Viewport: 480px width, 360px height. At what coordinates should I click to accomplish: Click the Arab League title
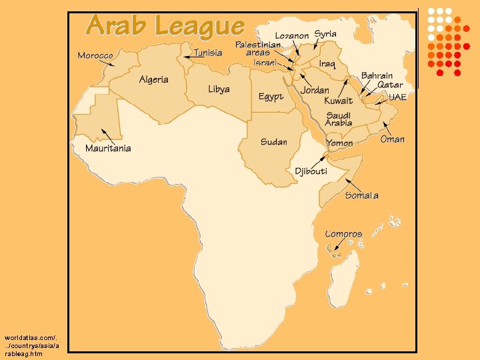click(165, 26)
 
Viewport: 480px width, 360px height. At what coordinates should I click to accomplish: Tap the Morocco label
click(95, 55)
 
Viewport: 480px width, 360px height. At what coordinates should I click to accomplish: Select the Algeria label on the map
click(153, 79)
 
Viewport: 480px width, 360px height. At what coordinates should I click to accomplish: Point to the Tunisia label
click(208, 53)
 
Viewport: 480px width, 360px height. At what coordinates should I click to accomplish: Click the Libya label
click(219, 89)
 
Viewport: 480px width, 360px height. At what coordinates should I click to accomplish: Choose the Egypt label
click(271, 97)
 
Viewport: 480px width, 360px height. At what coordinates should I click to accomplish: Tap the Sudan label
click(273, 141)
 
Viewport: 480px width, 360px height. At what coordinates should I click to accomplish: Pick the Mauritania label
click(108, 148)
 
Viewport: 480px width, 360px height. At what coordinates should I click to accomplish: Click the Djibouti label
click(311, 171)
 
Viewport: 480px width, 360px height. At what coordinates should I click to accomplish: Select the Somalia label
click(361, 195)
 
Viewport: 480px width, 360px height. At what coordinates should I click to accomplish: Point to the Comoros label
click(343, 234)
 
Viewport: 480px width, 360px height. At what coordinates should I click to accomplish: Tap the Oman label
click(392, 139)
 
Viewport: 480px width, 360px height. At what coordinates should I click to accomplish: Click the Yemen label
click(340, 143)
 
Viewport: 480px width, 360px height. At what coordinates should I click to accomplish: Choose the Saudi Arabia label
click(339, 119)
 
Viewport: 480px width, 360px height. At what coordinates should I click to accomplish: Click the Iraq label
click(327, 64)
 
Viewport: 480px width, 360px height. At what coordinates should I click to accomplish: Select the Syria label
click(325, 34)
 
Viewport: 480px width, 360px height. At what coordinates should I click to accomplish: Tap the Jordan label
click(315, 90)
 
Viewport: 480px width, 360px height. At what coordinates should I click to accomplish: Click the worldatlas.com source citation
click(31, 346)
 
